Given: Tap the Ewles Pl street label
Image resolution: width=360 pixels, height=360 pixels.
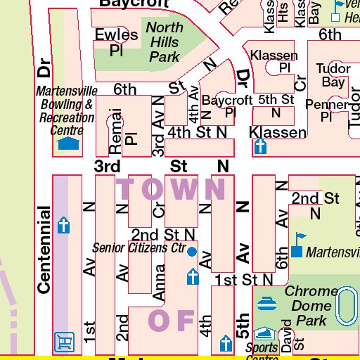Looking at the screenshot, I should pos(116,43).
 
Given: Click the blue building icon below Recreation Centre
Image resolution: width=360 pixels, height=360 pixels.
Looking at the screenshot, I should pos(67,144).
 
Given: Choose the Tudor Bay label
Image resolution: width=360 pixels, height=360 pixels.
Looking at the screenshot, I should pos(333,76).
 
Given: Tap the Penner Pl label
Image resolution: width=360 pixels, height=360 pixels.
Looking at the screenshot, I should pos(327,111).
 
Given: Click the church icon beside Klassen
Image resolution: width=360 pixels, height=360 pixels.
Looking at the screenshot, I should pos(260,147).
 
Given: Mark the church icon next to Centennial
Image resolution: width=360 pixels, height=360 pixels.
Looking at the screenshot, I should pos(64,226).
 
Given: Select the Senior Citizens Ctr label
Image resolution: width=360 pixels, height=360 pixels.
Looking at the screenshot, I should pos(139,248).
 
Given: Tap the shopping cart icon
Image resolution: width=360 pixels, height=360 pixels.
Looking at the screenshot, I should pos(64,342).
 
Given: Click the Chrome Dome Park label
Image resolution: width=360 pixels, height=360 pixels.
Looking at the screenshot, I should pos(311,305).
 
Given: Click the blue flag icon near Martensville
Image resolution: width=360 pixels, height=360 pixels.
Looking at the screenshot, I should pos(298,244).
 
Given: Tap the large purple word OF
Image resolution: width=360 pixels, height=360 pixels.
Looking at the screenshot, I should pos(171,320).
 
